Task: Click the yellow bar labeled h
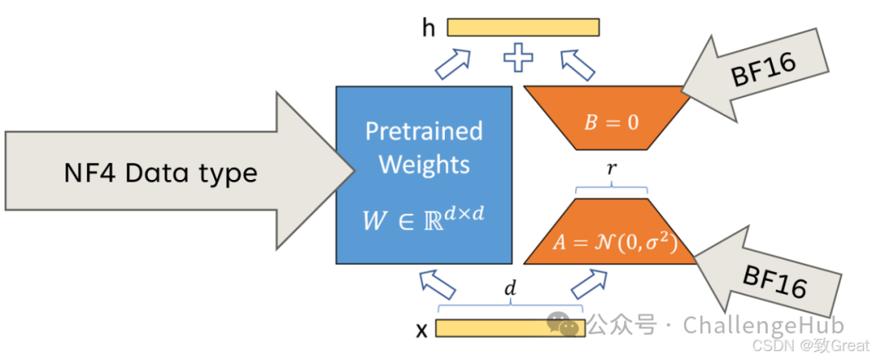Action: click(523, 27)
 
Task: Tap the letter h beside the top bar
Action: click(429, 27)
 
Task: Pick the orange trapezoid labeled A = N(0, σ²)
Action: click(611, 231)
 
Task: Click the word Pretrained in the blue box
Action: click(424, 131)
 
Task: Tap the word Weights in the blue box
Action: click(425, 165)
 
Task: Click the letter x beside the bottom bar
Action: click(422, 331)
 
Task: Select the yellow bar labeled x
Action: click(510, 329)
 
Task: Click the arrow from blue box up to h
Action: click(453, 63)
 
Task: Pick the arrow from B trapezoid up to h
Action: click(577, 62)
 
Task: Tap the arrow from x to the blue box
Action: click(438, 284)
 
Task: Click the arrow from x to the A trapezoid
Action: click(589, 284)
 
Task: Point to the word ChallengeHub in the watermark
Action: click(764, 324)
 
